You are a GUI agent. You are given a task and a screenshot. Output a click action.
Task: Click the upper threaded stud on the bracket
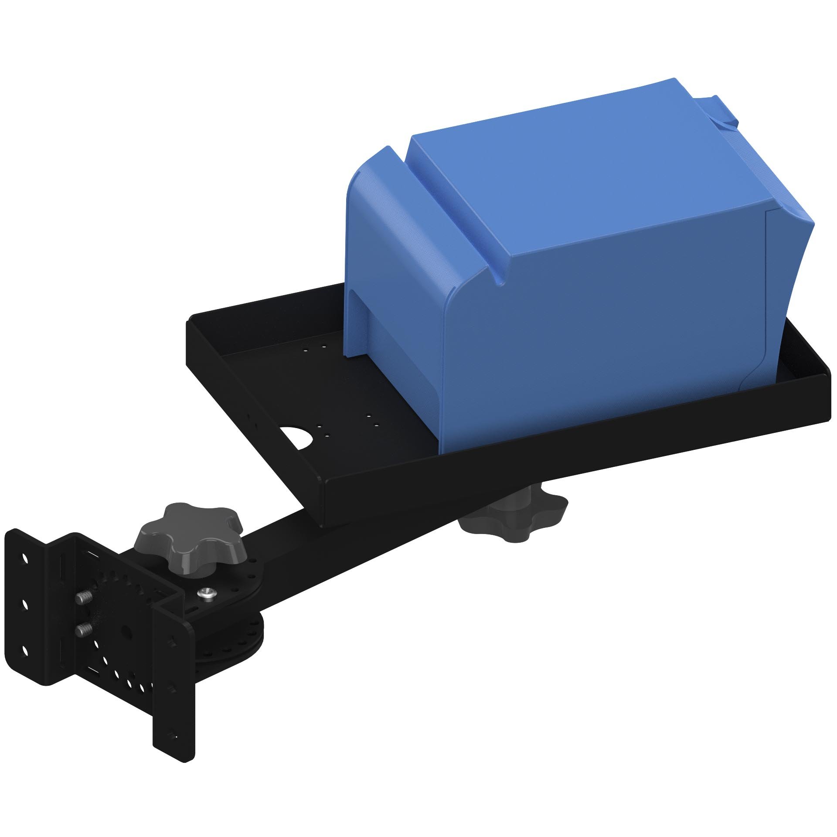tap(85, 599)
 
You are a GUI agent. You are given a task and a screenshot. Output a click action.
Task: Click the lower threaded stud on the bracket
tap(84, 629)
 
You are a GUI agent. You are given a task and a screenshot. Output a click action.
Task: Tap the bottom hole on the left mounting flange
tap(25, 651)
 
